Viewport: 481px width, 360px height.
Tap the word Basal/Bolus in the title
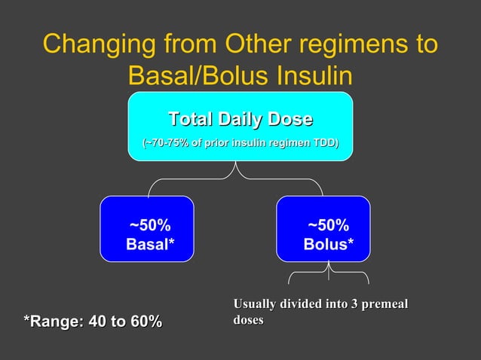pyautogui.click(x=200, y=75)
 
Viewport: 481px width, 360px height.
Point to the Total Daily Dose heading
pyautogui.click(x=240, y=120)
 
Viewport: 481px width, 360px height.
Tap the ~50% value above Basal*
pyautogui.click(x=149, y=226)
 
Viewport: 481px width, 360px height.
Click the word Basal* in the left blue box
pyautogui.click(x=149, y=244)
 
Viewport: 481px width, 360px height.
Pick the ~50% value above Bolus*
pyautogui.click(x=328, y=226)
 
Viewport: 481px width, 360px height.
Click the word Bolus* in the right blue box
pyautogui.click(x=328, y=244)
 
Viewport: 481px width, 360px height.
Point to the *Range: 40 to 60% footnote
pyautogui.click(x=92, y=322)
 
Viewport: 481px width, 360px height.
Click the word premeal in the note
pyautogui.click(x=383, y=304)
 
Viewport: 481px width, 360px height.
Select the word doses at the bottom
pyautogui.click(x=249, y=320)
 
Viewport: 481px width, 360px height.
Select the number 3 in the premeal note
pyautogui.click(x=350, y=304)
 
